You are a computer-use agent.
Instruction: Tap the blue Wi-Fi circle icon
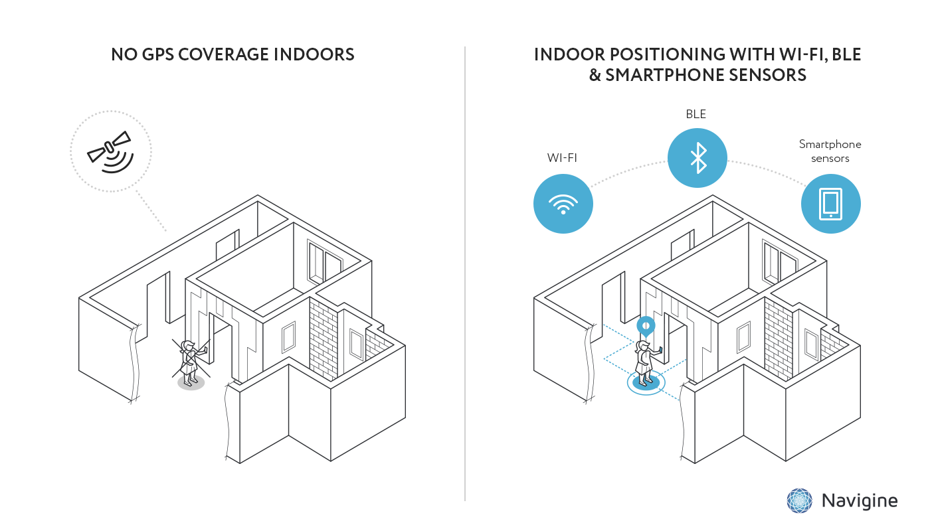click(x=563, y=203)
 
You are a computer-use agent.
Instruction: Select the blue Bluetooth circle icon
click(x=697, y=158)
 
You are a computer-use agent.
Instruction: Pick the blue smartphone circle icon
click(x=830, y=203)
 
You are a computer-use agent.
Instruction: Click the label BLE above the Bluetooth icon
click(x=696, y=115)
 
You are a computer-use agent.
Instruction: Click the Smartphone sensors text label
click(x=830, y=151)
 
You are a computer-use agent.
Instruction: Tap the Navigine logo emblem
click(x=800, y=500)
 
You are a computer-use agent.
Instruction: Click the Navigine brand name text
click(x=860, y=500)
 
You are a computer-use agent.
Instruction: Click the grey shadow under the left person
click(x=191, y=384)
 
